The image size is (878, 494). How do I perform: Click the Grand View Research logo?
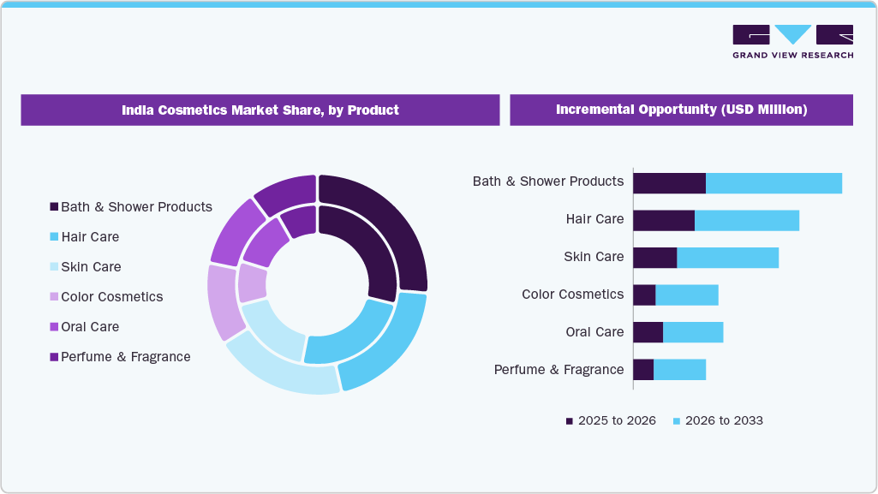(x=792, y=41)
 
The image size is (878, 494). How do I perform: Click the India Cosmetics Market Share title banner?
(x=260, y=110)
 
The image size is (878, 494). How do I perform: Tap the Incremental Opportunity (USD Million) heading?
(x=681, y=110)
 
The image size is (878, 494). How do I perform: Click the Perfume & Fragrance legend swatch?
(x=55, y=356)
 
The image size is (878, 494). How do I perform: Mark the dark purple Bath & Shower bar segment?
(x=669, y=182)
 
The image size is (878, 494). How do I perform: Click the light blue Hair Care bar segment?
(x=746, y=220)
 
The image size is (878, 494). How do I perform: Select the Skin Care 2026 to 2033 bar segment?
(x=727, y=258)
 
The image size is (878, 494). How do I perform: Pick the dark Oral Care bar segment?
(x=648, y=332)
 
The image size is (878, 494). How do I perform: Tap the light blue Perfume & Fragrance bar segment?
(x=679, y=370)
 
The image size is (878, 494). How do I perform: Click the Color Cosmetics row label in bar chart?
(x=572, y=295)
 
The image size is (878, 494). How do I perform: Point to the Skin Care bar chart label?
(x=594, y=257)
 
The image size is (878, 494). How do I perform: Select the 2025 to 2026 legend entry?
(x=611, y=420)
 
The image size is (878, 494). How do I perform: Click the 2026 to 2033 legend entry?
(x=718, y=420)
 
